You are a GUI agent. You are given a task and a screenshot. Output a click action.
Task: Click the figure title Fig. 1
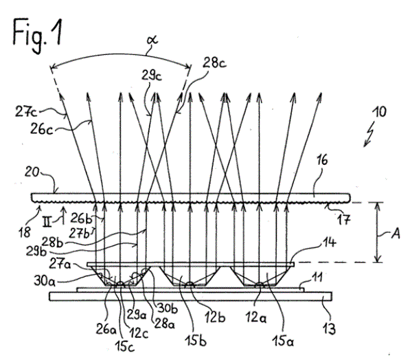pos(38,35)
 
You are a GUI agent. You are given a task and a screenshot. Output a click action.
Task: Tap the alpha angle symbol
pos(152,41)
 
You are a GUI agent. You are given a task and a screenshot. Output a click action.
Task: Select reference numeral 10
pos(380,112)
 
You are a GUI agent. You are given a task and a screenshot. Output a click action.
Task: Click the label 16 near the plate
pos(322,160)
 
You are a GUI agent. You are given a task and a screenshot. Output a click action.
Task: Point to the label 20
pos(32,172)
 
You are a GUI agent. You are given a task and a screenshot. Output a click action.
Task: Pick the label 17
pos(343,219)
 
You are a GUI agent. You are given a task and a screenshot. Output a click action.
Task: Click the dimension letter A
pos(396,234)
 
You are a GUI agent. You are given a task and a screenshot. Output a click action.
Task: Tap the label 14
pos(329,242)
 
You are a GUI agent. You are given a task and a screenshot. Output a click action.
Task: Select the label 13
pos(329,328)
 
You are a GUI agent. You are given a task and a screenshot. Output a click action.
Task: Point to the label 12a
pos(256,317)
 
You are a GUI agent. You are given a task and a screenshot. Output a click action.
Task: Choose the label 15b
pos(196,341)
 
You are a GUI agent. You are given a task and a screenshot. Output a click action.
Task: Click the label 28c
pos(214,63)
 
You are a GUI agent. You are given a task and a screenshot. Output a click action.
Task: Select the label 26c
pos(41,128)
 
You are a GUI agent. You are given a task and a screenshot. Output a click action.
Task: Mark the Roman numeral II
pos(47,224)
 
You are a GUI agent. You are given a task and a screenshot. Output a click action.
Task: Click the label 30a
pos(45,280)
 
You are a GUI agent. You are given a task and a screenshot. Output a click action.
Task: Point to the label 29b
pos(36,251)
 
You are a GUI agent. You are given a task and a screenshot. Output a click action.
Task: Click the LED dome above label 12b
pos(190,284)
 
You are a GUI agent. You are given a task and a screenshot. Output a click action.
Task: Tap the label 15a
pos(283,341)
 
